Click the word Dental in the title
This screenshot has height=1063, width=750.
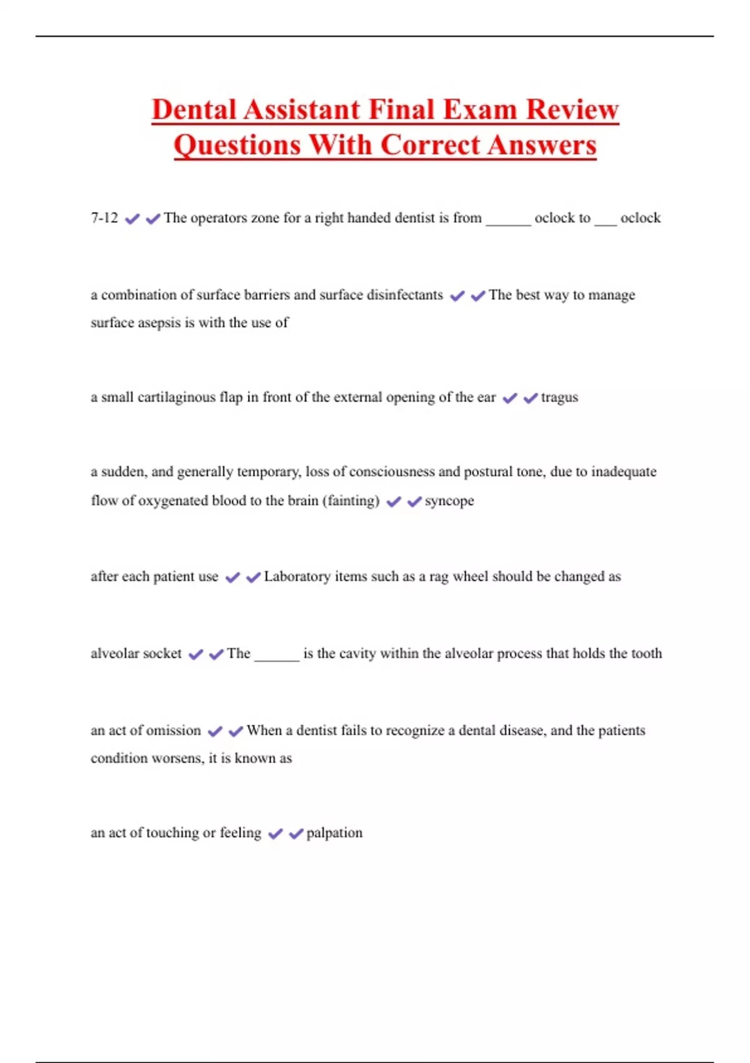tap(194, 110)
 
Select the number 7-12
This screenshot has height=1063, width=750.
tap(104, 218)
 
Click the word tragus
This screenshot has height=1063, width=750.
tap(559, 398)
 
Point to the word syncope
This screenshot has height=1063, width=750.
tap(449, 501)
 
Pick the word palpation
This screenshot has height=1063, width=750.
tap(334, 833)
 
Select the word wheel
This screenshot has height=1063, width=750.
tap(470, 577)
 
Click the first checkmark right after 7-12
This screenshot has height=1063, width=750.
tap(132, 219)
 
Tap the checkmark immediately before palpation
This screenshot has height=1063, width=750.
tap(296, 834)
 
